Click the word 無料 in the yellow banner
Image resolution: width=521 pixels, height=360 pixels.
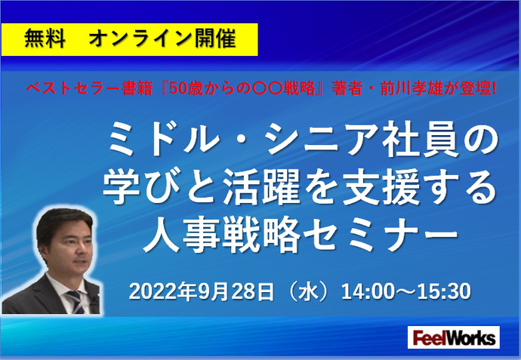point(45,38)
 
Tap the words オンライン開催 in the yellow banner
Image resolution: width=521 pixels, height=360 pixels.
point(162,38)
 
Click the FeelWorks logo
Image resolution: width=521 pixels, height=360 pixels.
point(454,337)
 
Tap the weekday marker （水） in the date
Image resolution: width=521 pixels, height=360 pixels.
point(309,291)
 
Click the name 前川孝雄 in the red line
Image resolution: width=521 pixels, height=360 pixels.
point(415,88)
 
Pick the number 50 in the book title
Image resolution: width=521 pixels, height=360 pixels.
point(179,88)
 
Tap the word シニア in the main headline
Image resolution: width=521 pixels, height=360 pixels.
point(320,138)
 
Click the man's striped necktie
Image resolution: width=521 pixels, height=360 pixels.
point(76,302)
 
